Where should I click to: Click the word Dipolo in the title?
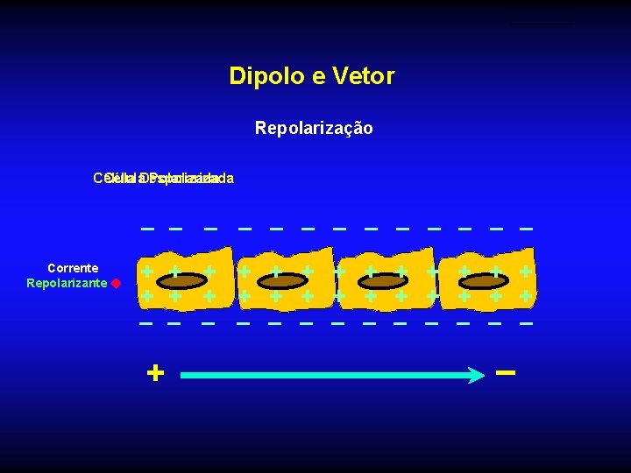(259, 76)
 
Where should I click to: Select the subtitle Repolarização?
(314, 129)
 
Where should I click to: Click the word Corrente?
(73, 268)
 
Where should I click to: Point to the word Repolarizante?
(67, 283)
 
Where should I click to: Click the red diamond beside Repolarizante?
(115, 284)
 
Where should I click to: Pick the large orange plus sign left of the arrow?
(155, 374)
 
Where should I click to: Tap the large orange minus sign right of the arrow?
(505, 372)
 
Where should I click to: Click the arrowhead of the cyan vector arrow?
(476, 375)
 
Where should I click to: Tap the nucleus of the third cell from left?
(381, 282)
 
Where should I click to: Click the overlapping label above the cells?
(164, 179)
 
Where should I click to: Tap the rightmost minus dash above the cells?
(526, 229)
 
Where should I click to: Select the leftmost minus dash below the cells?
(146, 323)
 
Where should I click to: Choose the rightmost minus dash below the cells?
(526, 323)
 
